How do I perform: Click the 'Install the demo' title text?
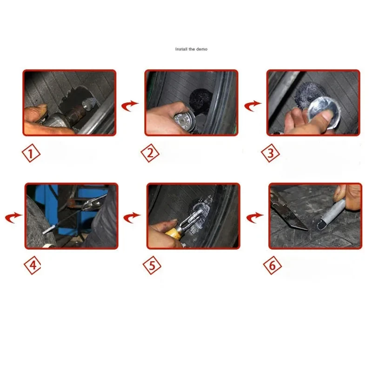[x=191, y=49]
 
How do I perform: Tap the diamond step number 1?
[x=31, y=153]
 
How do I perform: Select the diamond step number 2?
[x=150, y=153]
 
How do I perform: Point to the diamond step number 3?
[x=271, y=153]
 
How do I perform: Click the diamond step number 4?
[x=33, y=265]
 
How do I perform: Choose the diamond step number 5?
[x=152, y=265]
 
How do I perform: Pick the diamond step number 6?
[x=272, y=265]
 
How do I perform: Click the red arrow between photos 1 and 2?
[x=129, y=106]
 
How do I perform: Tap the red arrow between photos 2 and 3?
[x=252, y=106]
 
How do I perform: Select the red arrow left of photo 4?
[x=13, y=217]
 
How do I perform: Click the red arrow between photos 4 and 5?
[x=132, y=217]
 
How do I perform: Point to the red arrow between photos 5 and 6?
[x=254, y=217]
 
